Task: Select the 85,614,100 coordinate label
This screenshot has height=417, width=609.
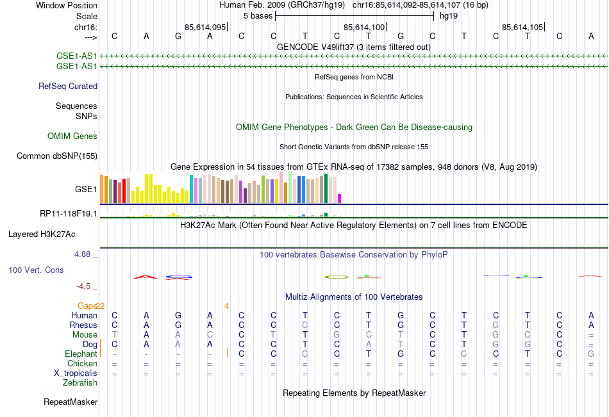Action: point(364,27)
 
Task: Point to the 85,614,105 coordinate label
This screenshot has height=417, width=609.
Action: point(522,27)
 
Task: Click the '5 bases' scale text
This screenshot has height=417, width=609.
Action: point(257,15)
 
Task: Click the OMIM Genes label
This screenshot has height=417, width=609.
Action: point(72,136)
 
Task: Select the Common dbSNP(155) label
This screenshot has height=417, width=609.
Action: point(57,156)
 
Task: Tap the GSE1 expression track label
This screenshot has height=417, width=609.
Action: point(86,190)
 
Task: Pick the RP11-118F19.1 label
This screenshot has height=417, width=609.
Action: point(68,213)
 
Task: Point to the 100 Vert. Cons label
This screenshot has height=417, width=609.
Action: point(36,270)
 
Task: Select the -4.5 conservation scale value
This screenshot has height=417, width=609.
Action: point(85,286)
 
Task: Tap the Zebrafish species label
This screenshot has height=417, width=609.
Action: point(80,382)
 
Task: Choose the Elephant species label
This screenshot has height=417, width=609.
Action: point(81,354)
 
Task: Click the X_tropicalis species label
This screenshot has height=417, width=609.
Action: point(76,373)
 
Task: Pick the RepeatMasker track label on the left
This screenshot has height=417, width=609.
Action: point(71,402)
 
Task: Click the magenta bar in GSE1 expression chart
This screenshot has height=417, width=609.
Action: point(340,198)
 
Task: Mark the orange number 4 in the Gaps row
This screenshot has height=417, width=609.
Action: point(226,306)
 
